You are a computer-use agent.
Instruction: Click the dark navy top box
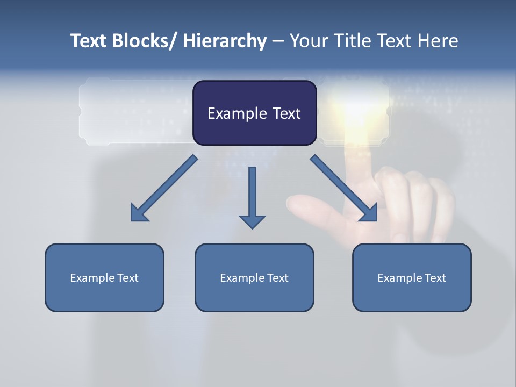254,113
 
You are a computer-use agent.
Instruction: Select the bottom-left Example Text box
104,277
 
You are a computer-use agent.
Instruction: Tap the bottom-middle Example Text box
254,277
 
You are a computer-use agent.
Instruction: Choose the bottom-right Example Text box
412,277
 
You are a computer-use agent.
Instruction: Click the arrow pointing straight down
252,196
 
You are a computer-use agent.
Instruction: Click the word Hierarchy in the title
225,41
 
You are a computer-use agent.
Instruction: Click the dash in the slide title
278,41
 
